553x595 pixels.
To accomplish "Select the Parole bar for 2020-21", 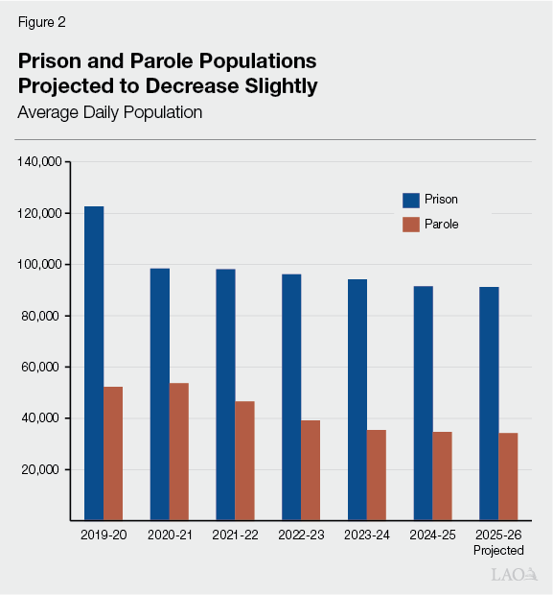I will pos(178,451).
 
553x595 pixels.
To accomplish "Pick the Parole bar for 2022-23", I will pos(311,470).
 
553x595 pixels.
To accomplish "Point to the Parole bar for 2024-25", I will pos(442,476).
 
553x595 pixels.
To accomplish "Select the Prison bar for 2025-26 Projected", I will pos(489,403).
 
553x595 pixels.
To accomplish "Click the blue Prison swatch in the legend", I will pos(411,200).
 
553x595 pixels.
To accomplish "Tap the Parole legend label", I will pos(443,225).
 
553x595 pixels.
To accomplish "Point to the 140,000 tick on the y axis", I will pos(39,161).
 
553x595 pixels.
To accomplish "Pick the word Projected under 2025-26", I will pos(498,551).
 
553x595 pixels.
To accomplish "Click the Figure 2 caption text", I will pos(41,20).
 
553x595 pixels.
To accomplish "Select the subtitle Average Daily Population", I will pos(109,112).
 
